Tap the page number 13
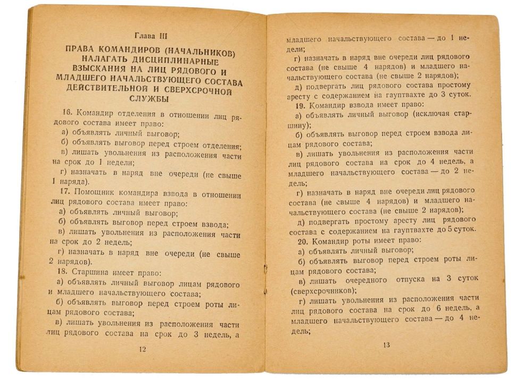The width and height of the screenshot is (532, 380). [x=387, y=345]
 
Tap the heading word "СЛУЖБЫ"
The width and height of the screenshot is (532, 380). [x=149, y=99]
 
